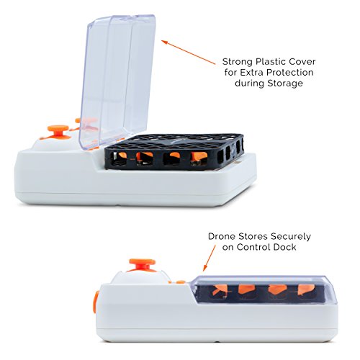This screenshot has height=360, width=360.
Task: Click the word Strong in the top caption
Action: (238, 63)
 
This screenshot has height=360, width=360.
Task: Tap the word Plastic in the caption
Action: (271, 62)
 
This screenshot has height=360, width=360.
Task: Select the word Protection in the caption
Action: (289, 73)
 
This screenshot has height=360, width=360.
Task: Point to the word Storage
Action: (285, 84)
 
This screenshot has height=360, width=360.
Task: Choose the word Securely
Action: (291, 237)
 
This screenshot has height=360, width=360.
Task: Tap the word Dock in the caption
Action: (286, 247)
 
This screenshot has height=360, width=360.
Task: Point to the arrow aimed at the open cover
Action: (189, 53)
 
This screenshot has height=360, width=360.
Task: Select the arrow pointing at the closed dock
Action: (210, 258)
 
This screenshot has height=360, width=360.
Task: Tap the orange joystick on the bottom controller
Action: (142, 265)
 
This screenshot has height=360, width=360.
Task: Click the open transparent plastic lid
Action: (117, 81)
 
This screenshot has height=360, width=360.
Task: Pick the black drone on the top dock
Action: (174, 152)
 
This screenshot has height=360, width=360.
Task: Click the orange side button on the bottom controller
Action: (95, 302)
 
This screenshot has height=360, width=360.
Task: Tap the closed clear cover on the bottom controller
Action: (264, 289)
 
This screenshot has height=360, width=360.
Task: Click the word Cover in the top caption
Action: (302, 62)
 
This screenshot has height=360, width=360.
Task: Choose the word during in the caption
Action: (250, 84)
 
